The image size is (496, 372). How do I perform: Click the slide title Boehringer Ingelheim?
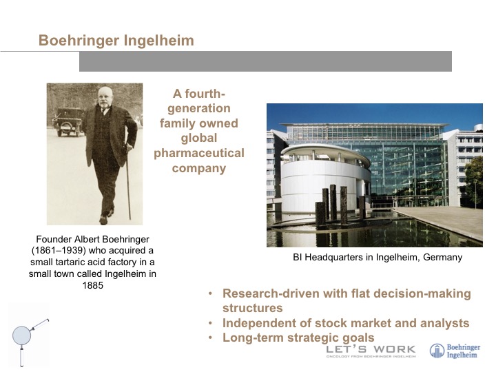(116, 41)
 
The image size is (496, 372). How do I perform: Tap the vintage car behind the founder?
(69, 122)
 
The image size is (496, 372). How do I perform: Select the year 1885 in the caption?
(93, 285)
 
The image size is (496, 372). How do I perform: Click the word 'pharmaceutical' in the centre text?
(199, 154)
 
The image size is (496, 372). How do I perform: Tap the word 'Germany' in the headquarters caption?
(442, 257)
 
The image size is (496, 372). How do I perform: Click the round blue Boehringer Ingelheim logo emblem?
(437, 351)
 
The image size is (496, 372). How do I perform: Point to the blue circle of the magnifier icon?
(21, 335)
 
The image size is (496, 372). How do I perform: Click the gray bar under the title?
(265, 61)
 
